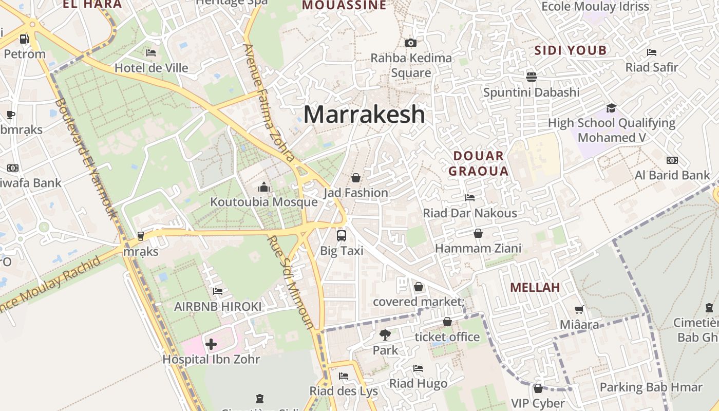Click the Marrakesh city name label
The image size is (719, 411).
click(364, 115)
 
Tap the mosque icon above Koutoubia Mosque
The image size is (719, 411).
click(264, 186)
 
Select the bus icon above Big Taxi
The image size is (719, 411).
click(342, 236)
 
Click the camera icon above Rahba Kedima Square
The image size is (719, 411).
click(410, 43)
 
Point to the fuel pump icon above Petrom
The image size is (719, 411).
click(24, 39)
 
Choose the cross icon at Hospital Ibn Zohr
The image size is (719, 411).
click(211, 344)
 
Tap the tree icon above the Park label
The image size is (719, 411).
click(385, 335)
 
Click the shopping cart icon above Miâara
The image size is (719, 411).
click(579, 309)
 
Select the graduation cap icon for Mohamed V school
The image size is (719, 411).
click(611, 108)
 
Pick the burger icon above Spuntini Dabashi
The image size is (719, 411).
click(531, 77)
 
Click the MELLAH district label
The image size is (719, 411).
click(535, 288)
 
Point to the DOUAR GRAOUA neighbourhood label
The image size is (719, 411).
click(479, 163)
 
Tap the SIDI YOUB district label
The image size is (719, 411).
click(571, 50)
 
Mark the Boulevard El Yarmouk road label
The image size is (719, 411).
click(85, 159)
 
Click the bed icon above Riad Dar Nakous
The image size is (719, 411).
click(469, 198)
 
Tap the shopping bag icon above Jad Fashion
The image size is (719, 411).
click(355, 178)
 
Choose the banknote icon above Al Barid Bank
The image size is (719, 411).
click(672, 160)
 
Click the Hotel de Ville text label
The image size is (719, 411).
click(151, 68)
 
